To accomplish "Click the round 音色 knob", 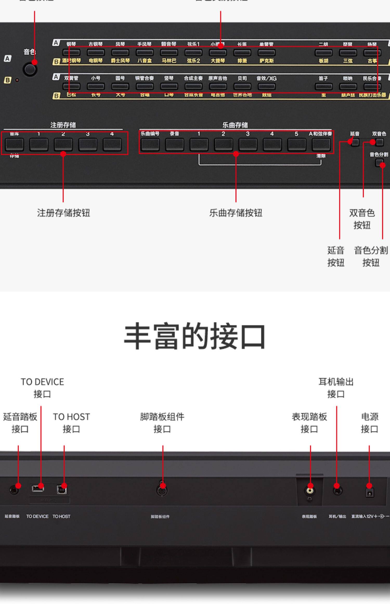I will pos(30,69).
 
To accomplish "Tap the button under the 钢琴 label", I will pos(71,53).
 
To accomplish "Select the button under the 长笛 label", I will pos(242,53).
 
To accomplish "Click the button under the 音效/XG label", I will pos(266,86).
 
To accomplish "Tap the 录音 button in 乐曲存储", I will pos(174,144).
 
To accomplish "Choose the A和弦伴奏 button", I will pos(321,144).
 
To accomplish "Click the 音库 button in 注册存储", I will pos(14,144).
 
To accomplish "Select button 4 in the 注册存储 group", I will pos(112,144).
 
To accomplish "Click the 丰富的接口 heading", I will pos(195,336).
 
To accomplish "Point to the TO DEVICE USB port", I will pos(38,488).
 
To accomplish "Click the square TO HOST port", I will pos(62,490).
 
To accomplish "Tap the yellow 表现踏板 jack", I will pos(310,491).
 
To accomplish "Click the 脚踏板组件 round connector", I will pos(162,491).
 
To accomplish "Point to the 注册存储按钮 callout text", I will pos(63,213).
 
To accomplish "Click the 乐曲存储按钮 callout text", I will pos(236,213).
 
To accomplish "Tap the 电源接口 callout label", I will pos(369,423).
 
